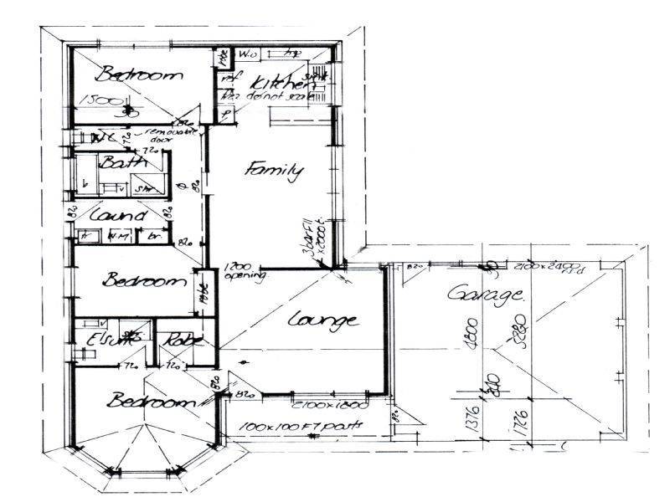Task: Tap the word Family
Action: coord(273,172)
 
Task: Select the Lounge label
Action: coord(324,320)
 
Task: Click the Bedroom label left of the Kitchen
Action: coord(138,75)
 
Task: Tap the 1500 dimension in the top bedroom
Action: coord(95,100)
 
